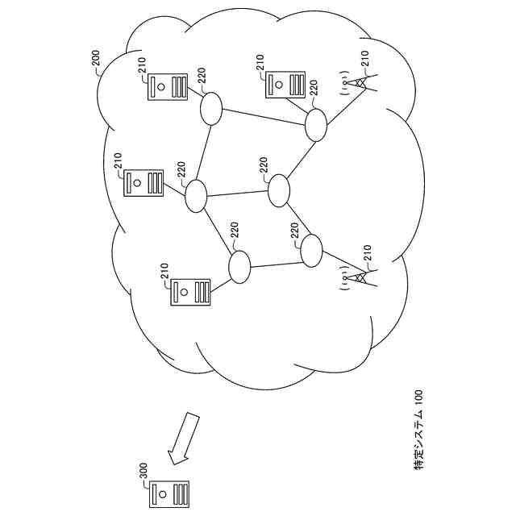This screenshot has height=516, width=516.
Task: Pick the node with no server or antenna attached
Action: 279,190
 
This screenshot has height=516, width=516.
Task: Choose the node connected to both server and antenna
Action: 315,123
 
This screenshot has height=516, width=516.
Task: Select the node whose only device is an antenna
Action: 311,251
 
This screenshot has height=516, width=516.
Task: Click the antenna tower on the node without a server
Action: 358,277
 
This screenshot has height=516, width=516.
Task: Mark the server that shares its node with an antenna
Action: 286,84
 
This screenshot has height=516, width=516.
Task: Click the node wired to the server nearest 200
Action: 211,108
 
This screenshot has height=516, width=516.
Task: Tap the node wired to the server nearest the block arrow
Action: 239,267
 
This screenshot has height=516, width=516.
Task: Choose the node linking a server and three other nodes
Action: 196,196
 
